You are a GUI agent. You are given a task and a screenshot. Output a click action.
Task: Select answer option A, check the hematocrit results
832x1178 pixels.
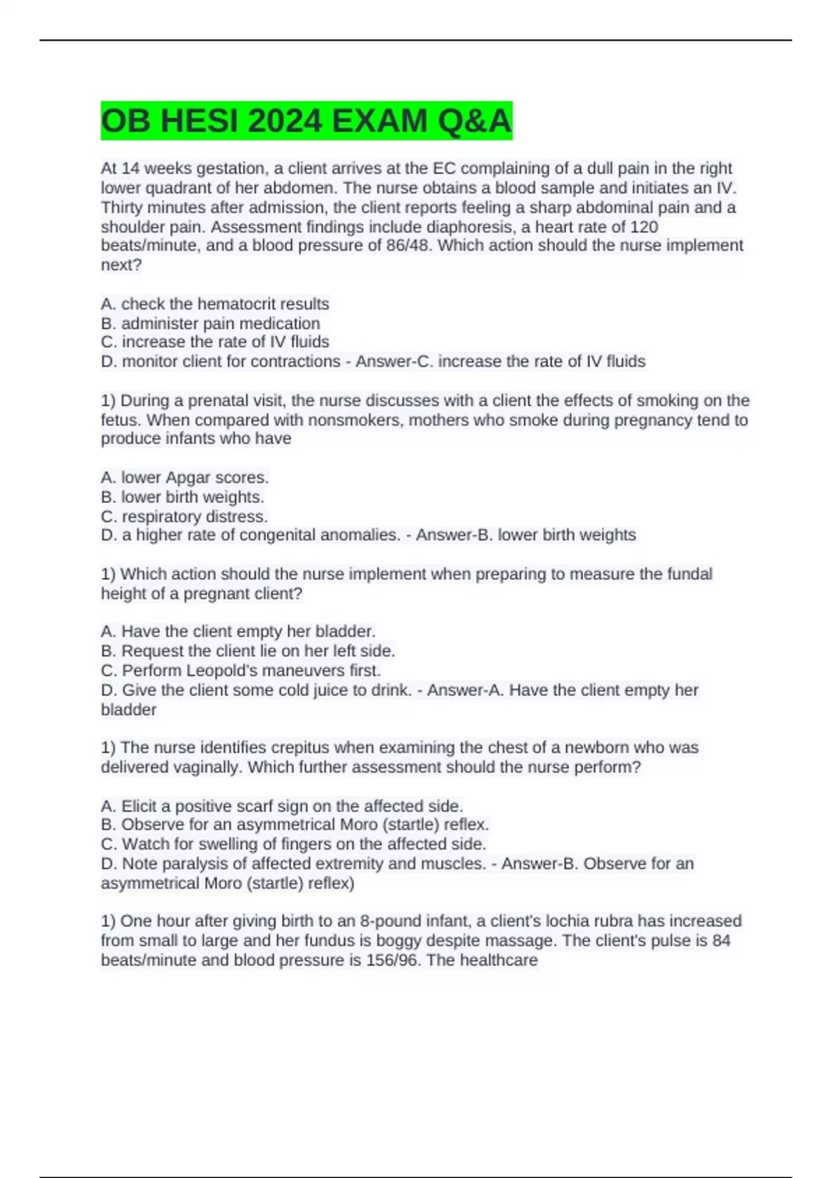tap(215, 304)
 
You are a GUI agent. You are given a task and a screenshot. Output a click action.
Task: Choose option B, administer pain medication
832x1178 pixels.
tap(210, 323)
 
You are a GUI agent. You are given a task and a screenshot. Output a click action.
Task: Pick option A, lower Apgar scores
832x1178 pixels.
tap(184, 477)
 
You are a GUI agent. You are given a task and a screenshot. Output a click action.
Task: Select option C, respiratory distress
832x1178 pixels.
tap(184, 516)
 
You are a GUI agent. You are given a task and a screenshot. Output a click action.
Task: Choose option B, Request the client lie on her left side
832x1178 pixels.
tap(248, 651)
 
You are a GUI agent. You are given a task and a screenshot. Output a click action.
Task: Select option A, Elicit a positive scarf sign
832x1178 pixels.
tap(281, 806)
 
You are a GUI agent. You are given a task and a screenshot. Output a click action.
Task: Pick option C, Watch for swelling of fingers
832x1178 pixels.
tap(293, 844)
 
